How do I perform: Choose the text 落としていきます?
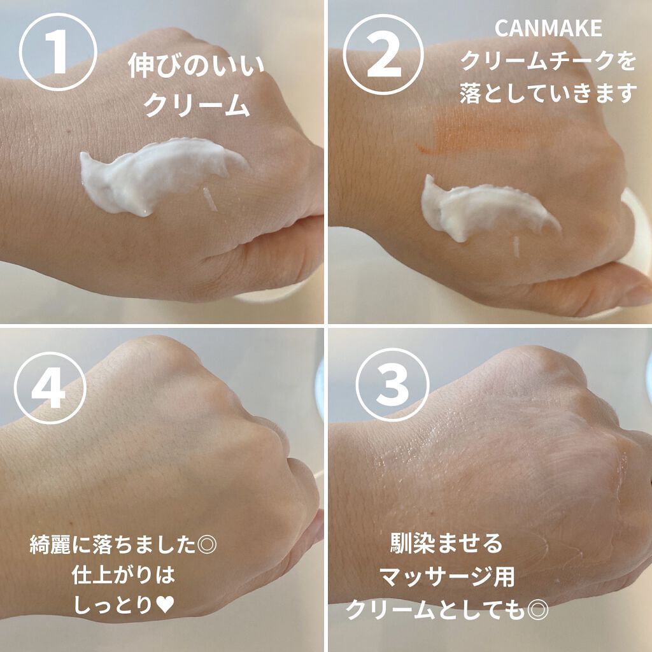(x=547, y=94)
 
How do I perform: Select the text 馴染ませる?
(x=446, y=544)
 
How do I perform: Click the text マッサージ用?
(x=446, y=578)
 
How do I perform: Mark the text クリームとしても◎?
(x=446, y=611)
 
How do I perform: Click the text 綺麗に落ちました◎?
(x=124, y=546)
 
